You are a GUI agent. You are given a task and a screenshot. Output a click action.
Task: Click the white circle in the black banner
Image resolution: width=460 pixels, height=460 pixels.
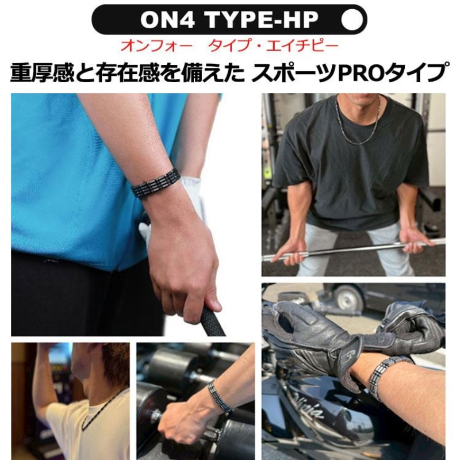(x=352, y=20)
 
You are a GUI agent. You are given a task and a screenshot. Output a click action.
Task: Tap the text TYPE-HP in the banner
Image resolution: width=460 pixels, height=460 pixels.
(x=263, y=20)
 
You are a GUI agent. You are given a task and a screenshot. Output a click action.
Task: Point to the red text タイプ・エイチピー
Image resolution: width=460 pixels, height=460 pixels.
(x=274, y=46)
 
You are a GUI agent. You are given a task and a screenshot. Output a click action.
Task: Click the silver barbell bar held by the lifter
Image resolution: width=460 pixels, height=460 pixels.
(x=354, y=250)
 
